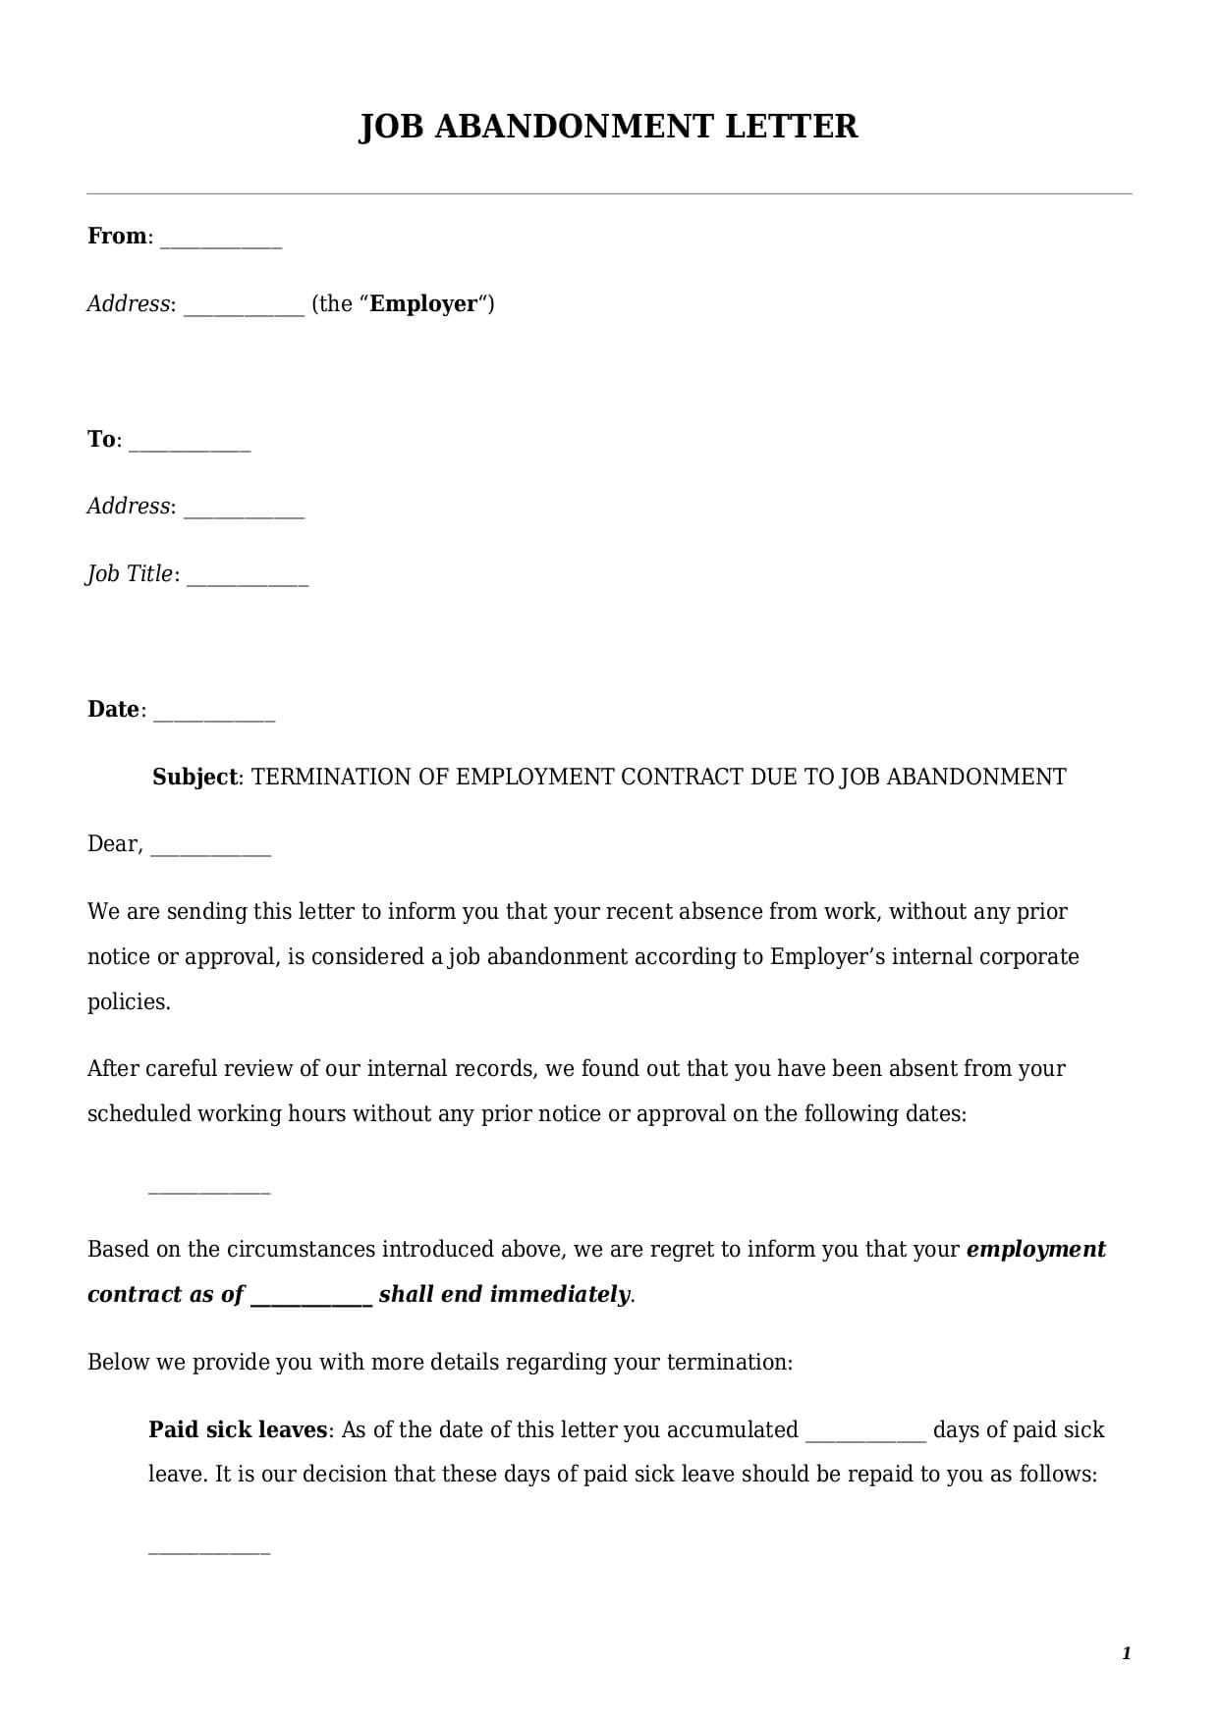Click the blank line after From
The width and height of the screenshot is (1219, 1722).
221,242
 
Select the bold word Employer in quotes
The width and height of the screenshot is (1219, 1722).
423,303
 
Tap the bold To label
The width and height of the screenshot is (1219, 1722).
101,439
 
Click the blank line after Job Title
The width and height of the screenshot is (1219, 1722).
248,579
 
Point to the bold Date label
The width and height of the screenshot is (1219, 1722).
113,709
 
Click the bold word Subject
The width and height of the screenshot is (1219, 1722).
194,777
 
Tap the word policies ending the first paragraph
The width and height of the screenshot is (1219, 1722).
128,1001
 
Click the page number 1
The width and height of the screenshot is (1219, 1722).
1127,1653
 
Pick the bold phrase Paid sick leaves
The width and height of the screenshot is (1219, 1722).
237,1429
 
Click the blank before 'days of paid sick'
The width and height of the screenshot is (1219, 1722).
865,1436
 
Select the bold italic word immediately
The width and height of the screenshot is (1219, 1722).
560,1294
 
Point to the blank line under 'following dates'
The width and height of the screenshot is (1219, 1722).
208,1190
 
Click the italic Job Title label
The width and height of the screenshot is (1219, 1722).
130,573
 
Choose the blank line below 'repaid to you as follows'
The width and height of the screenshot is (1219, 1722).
208,1551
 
